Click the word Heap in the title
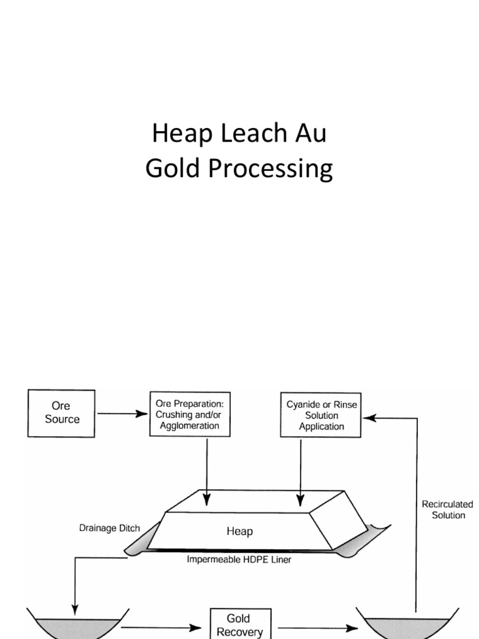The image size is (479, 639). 177,134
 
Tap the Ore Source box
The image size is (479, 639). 62,412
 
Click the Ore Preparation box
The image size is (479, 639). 188,414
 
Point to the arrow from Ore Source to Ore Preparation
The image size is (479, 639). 122,413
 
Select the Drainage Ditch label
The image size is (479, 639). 109,528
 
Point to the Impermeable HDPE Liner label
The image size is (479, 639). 239,560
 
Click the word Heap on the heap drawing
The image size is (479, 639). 239,532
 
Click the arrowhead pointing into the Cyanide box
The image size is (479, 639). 368,419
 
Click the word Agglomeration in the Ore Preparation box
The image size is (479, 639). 188,426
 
